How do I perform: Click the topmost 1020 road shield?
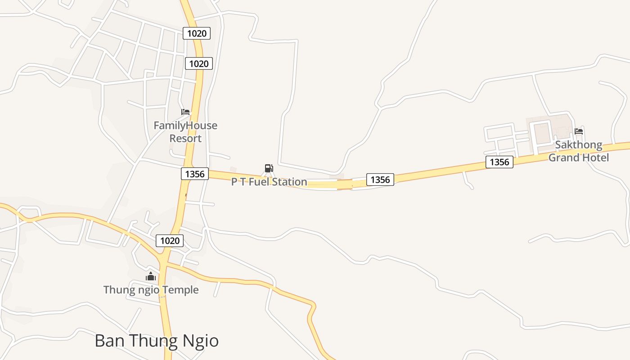pos(197,33)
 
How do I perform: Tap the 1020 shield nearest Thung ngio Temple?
pos(170,241)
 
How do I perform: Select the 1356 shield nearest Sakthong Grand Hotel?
pos(499,162)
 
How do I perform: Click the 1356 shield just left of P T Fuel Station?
pos(195,174)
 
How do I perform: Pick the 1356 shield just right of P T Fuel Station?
pos(380,180)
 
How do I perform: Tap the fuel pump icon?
pos(269,169)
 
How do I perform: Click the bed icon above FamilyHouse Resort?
pos(185,112)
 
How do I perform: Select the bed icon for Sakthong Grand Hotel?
pos(579,131)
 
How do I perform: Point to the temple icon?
pos(151,276)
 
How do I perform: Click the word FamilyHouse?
pos(185,126)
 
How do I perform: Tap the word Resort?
pos(185,139)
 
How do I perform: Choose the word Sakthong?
pos(578,145)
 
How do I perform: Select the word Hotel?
pos(595,157)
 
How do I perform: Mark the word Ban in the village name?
pos(108,341)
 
